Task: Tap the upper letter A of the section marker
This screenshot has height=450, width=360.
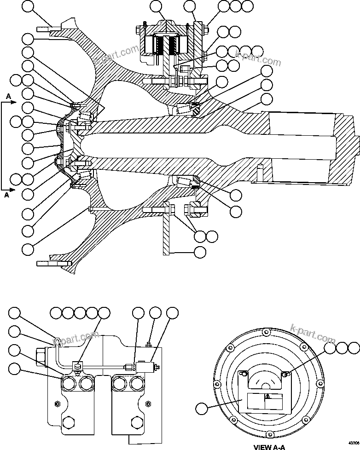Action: pyautogui.click(x=8, y=96)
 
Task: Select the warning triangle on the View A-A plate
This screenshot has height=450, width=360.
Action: pyautogui.click(x=268, y=396)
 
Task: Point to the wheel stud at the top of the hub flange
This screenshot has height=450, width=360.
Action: pyautogui.click(x=46, y=30)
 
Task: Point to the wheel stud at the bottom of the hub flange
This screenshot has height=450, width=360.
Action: pyautogui.click(x=46, y=263)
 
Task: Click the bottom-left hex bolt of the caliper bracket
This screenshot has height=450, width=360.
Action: pyautogui.click(x=68, y=423)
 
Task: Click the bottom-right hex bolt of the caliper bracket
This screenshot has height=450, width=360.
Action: pyautogui.click(x=136, y=423)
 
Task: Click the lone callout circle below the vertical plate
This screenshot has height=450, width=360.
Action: pyautogui.click(x=200, y=252)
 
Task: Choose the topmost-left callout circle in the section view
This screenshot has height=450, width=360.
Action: pyautogui.click(x=28, y=7)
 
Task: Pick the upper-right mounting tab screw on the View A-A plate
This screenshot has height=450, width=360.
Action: pyautogui.click(x=285, y=375)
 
